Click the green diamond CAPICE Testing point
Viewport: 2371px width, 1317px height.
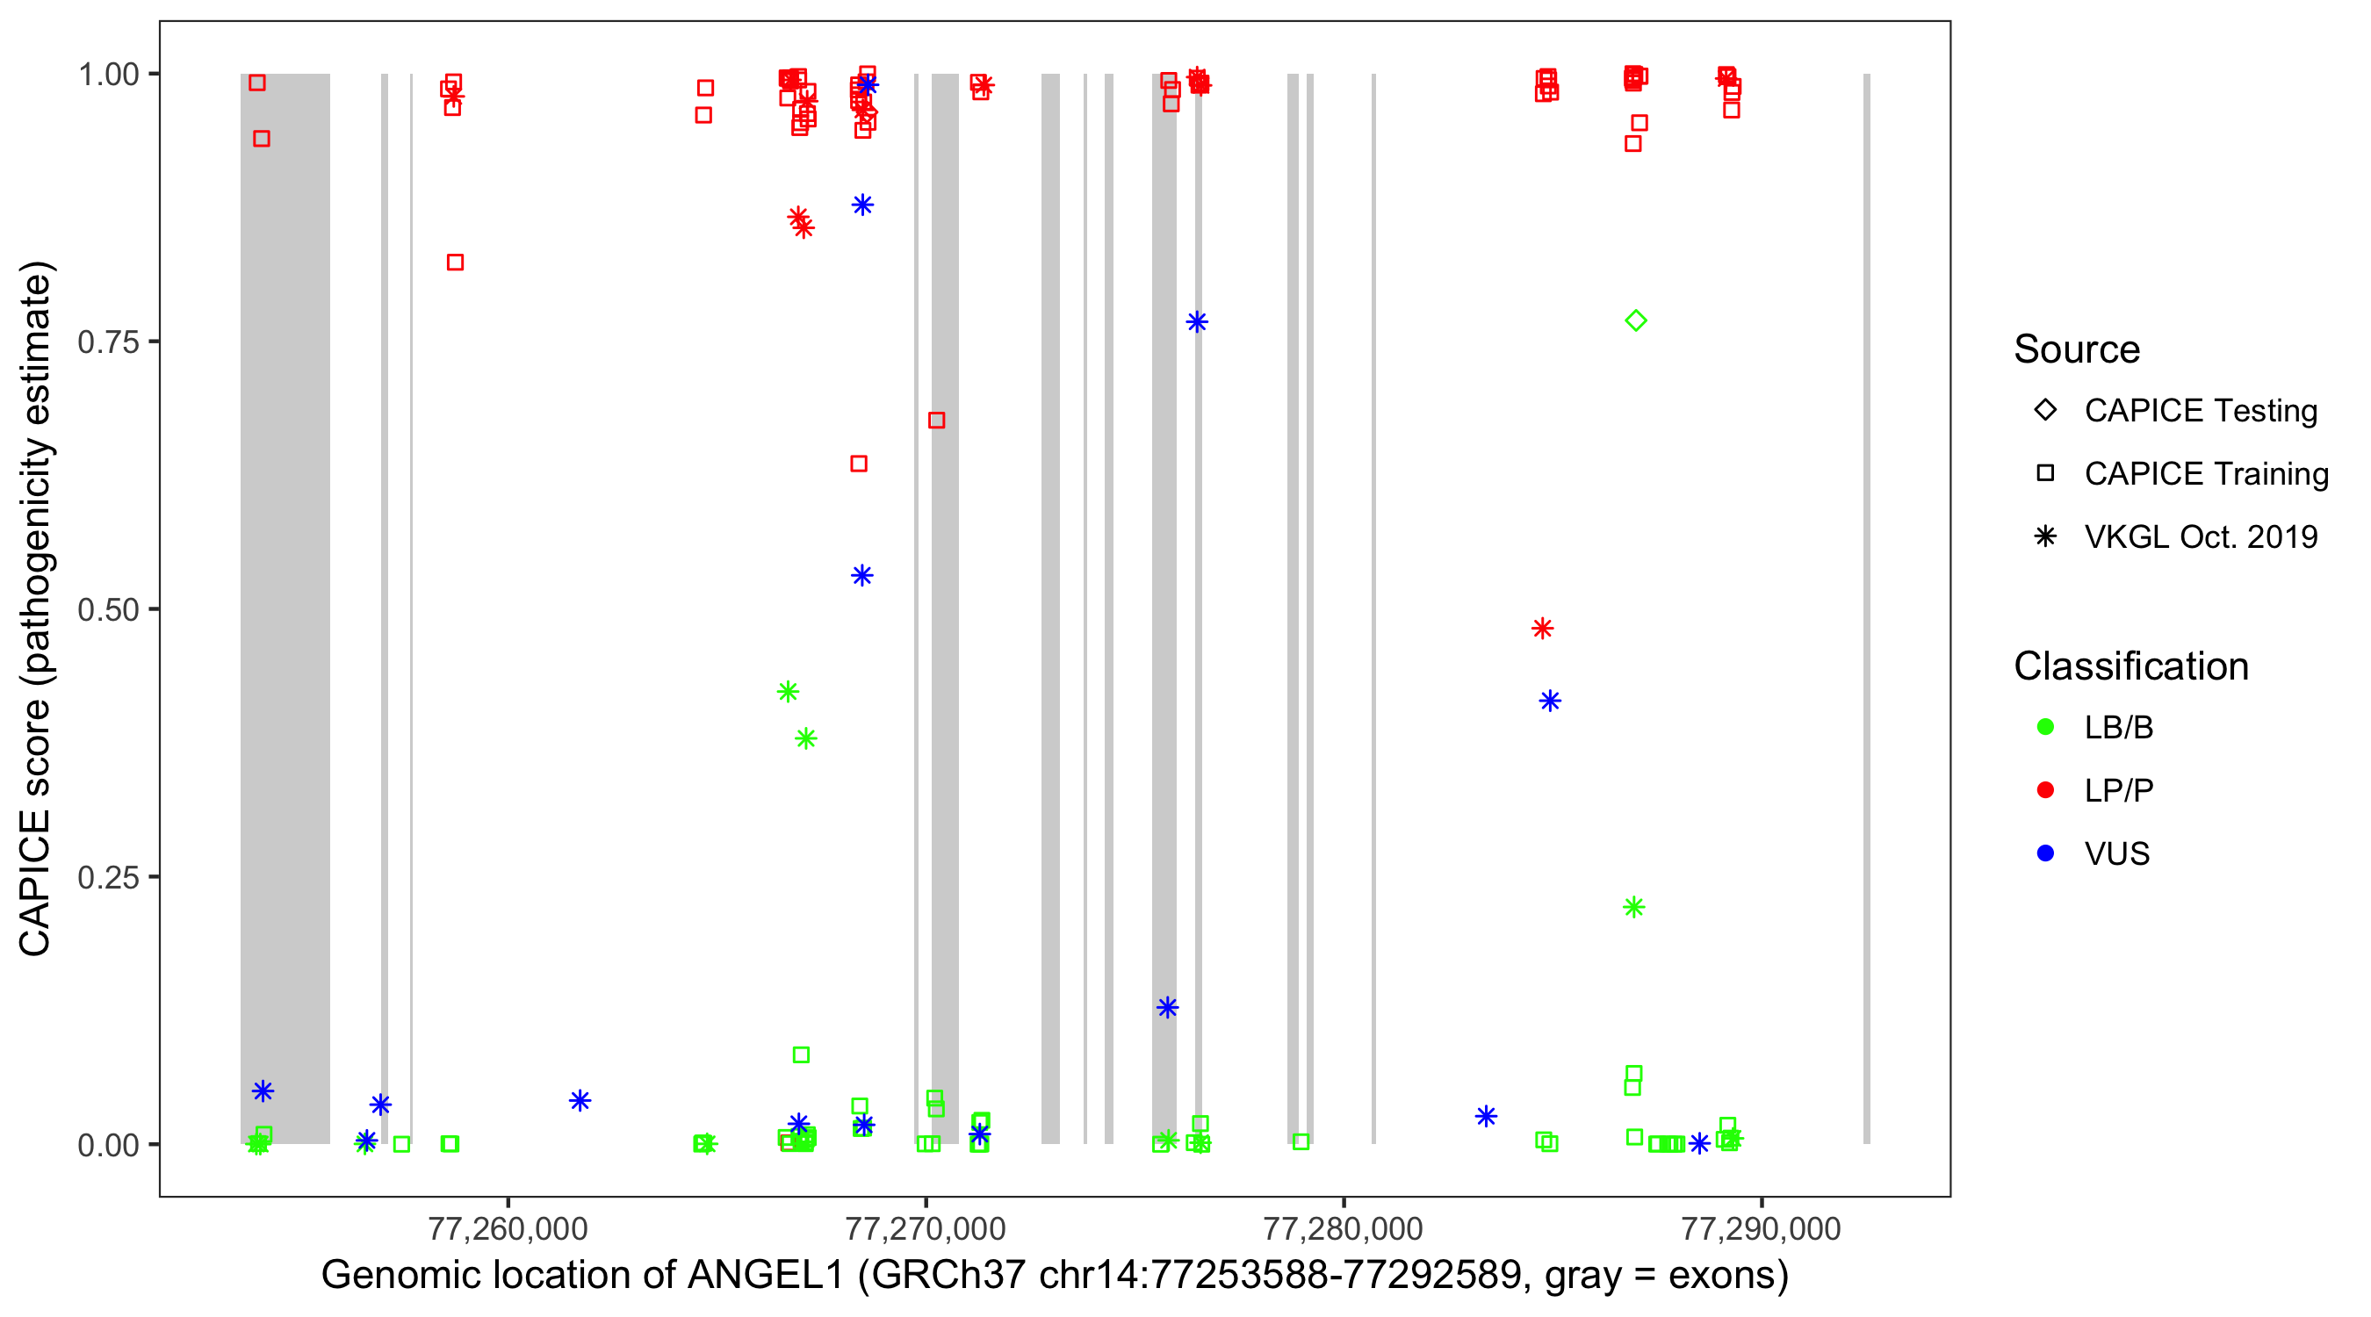point(1636,320)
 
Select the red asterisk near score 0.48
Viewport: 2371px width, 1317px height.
point(1543,629)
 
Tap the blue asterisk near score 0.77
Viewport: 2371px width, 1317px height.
point(1197,322)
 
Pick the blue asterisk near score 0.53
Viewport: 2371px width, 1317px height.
point(861,576)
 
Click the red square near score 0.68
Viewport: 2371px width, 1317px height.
point(936,421)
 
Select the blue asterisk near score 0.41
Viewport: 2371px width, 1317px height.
point(1550,702)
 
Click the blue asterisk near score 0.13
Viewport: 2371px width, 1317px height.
point(1167,1008)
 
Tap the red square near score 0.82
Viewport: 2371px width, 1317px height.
point(455,263)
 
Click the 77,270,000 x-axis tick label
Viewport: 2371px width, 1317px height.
point(926,1227)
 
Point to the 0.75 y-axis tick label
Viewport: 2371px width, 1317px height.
point(108,342)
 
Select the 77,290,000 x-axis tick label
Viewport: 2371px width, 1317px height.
point(1761,1227)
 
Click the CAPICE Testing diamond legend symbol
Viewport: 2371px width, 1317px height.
point(2045,409)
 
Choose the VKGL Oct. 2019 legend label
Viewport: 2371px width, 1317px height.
point(2201,536)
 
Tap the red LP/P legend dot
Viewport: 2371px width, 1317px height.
point(2045,790)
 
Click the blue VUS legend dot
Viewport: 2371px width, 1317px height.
point(2045,853)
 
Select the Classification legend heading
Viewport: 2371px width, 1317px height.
point(2130,666)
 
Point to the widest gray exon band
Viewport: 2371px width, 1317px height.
point(285,608)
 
